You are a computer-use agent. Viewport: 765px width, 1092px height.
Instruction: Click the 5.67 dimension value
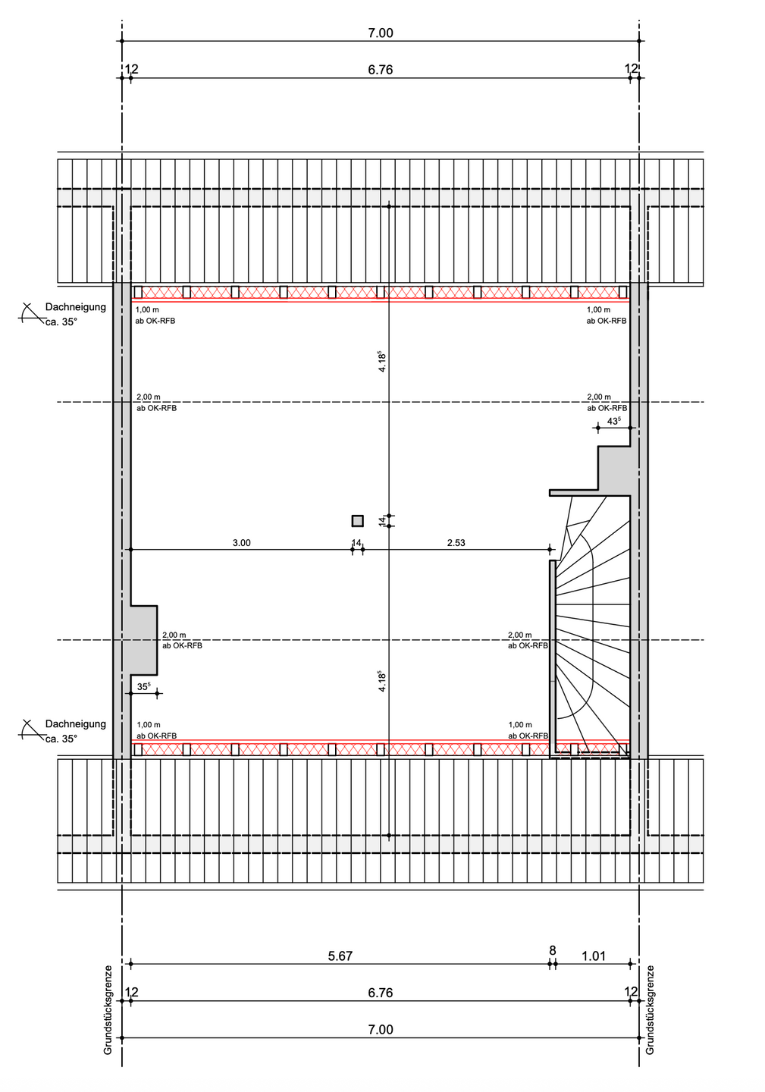[340, 956]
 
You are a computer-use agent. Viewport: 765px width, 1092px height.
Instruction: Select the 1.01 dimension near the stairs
[593, 956]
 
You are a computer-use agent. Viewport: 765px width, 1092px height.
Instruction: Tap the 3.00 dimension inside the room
[241, 543]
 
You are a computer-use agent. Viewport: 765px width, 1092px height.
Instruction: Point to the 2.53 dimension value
[456, 543]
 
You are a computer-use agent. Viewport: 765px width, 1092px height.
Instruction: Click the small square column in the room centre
[358, 521]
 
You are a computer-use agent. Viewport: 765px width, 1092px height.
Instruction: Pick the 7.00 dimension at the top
[380, 33]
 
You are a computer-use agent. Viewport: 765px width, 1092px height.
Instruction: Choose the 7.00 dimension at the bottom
[380, 1030]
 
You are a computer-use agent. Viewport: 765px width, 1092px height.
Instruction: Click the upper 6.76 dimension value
[380, 70]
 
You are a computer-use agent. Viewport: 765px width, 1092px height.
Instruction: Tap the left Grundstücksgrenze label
[108, 1010]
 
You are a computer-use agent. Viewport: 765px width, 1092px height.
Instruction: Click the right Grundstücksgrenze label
[650, 1010]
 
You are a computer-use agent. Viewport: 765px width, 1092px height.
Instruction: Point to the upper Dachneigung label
[76, 307]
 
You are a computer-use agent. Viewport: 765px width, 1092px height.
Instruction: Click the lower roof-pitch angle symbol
[30, 730]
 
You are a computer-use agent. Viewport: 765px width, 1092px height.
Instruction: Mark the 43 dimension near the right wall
[614, 421]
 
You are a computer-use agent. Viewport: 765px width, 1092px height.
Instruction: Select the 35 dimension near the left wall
[144, 686]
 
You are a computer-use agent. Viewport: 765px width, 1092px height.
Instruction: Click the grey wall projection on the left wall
[144, 640]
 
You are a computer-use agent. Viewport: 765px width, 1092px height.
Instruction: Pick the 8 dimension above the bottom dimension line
[552, 951]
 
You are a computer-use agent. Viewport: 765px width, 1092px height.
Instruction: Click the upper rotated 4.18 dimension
[382, 362]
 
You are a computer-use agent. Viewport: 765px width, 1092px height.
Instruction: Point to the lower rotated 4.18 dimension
[382, 681]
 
